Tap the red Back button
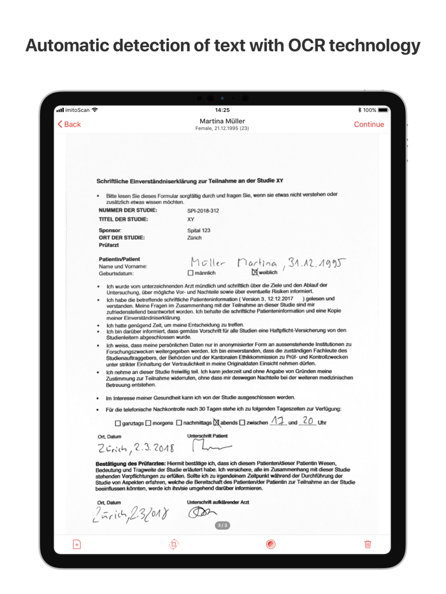pos(69,125)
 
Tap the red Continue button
pos(369,125)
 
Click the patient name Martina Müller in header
pos(222,121)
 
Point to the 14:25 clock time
pos(222,110)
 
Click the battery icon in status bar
pos(382,110)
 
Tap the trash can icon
pos(368,544)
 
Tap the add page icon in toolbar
pos(77,544)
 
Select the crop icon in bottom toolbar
pos(174,544)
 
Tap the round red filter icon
pos(271,544)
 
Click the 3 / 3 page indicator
pos(222,525)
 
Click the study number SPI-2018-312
pos(203,211)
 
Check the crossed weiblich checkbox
pos(255,272)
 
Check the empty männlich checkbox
pos(190,273)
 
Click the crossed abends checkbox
pos(217,422)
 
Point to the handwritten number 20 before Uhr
pos(308,421)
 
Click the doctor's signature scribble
pos(203,513)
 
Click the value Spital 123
pos(199,230)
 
